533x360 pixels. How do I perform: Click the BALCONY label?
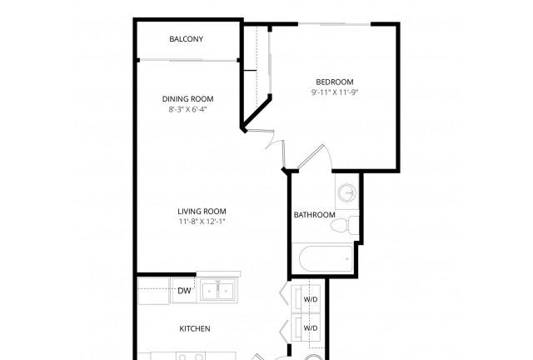[x=187, y=39]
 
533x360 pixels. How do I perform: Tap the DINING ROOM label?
[x=188, y=99]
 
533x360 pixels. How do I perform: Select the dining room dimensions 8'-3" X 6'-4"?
[x=188, y=109]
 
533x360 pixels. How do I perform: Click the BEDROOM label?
[x=335, y=82]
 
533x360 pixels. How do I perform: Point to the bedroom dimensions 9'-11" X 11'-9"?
[x=335, y=92]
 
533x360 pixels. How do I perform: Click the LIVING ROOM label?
[x=202, y=212]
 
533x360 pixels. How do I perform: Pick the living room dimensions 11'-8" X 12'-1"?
[x=202, y=222]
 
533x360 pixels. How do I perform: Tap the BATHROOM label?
[x=315, y=215]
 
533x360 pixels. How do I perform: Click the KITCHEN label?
[x=195, y=328]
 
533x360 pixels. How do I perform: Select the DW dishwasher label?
[x=184, y=291]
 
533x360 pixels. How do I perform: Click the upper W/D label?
[x=311, y=299]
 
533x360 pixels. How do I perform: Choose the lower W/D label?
[x=311, y=328]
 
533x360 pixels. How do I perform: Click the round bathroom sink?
[x=347, y=193]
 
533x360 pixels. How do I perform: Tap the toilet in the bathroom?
[x=345, y=225]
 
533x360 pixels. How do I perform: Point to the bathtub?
[x=326, y=259]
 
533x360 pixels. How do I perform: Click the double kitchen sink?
[x=217, y=292]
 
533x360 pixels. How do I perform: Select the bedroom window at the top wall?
[x=335, y=24]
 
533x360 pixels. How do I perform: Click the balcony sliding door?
[x=188, y=61]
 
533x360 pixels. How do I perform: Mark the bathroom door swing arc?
[x=327, y=155]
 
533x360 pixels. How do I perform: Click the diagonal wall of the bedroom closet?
[x=257, y=112]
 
